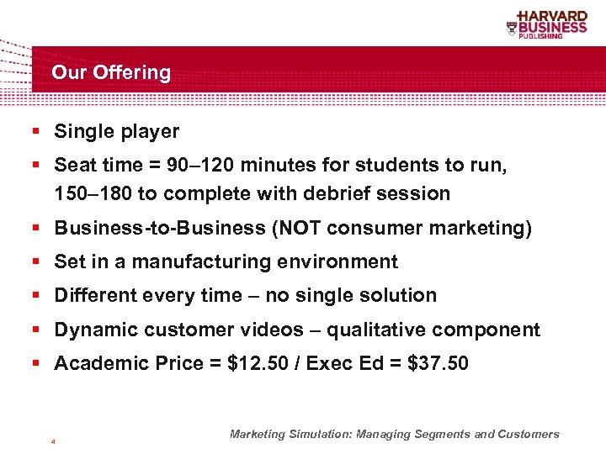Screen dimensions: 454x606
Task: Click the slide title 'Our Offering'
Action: pos(111,73)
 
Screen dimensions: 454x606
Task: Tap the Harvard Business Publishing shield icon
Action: pos(512,28)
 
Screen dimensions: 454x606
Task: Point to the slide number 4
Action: pos(53,441)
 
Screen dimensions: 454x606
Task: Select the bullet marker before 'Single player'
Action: pos(37,132)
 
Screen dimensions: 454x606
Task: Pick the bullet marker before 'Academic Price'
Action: pos(37,364)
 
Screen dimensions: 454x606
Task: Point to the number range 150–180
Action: pos(93,193)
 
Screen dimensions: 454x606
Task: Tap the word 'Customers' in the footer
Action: pos(527,435)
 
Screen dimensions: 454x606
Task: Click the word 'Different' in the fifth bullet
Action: pos(92,296)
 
